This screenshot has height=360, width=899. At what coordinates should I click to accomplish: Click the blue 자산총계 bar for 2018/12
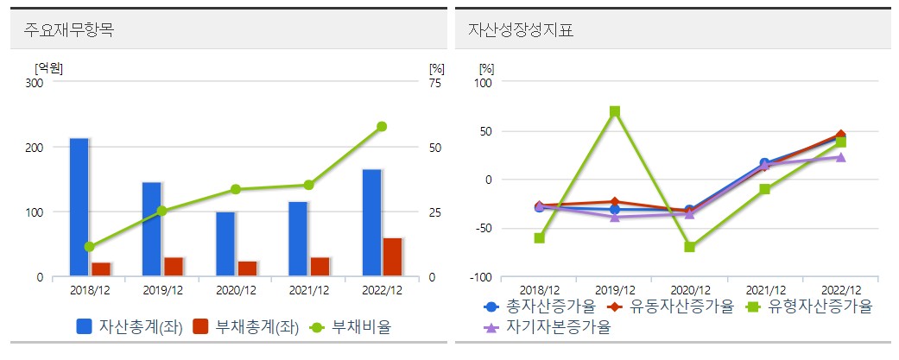pos(79,207)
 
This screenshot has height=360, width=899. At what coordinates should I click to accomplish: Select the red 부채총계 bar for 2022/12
pos(393,257)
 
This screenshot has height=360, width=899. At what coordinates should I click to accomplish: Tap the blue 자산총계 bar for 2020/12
pos(225,244)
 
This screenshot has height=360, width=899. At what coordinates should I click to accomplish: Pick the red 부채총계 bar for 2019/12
pos(174,267)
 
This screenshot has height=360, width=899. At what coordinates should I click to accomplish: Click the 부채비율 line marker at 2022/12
pos(382,126)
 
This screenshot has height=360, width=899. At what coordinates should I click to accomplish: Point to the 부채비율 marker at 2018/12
pos(90,247)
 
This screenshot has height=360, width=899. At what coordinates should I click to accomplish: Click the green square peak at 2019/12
pos(615,111)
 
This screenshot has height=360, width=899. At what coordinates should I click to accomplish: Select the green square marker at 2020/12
pos(689,247)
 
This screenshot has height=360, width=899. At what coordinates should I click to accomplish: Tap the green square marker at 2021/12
pos(764,189)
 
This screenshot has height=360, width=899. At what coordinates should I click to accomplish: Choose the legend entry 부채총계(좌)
pos(245,327)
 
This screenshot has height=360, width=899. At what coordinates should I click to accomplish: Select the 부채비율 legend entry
pos(350,327)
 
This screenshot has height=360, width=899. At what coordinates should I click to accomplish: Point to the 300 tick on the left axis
pos(35,83)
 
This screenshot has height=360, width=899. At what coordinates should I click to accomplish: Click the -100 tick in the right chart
pos(479,277)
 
